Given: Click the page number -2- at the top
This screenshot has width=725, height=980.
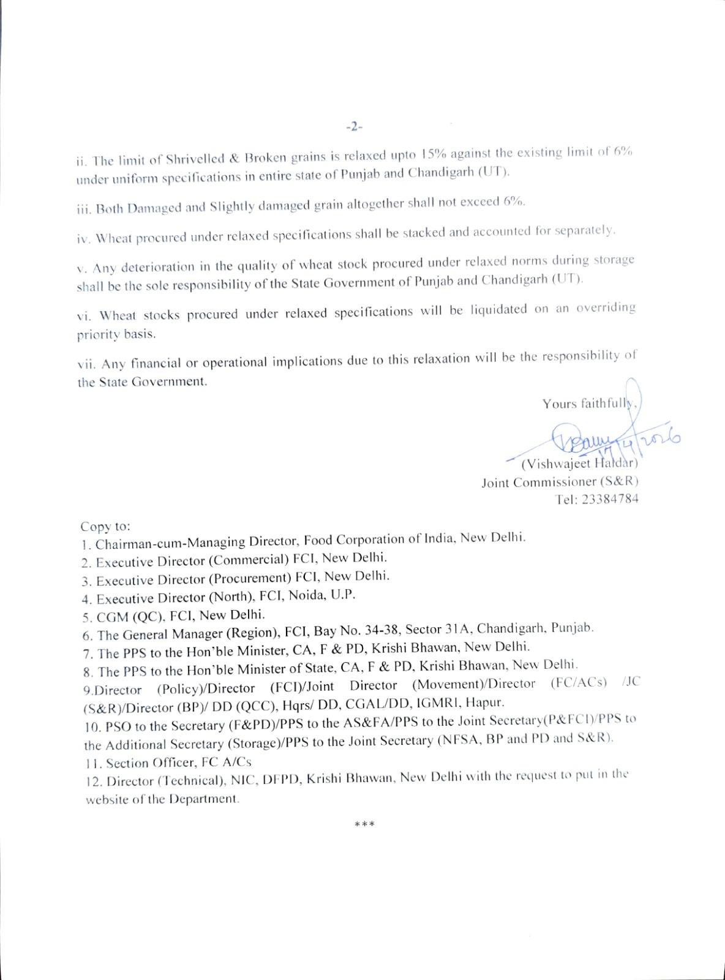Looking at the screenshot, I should pos(355,127).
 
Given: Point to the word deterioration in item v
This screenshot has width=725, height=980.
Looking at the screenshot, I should pos(159,267).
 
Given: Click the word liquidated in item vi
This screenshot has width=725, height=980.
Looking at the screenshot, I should pos(498,309).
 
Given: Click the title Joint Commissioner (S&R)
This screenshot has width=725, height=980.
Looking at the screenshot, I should pos(560,481).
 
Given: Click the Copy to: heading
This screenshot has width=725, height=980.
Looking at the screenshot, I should pos(105,526).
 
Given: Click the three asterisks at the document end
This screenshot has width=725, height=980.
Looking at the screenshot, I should pos(365,824).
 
